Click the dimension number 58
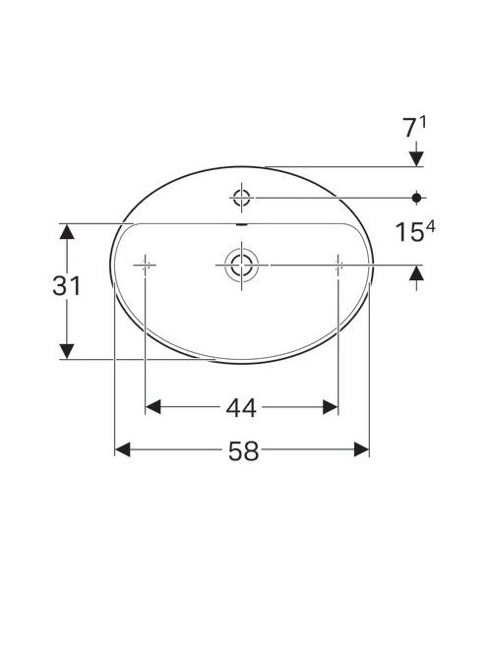[x=243, y=451]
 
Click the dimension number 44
[x=241, y=408]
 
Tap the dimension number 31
[x=66, y=286]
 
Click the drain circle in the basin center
[x=241, y=265]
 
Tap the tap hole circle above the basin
[x=241, y=198]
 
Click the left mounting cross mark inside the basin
[x=145, y=265]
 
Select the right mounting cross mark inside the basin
[x=338, y=265]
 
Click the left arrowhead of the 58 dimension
[x=123, y=449]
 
